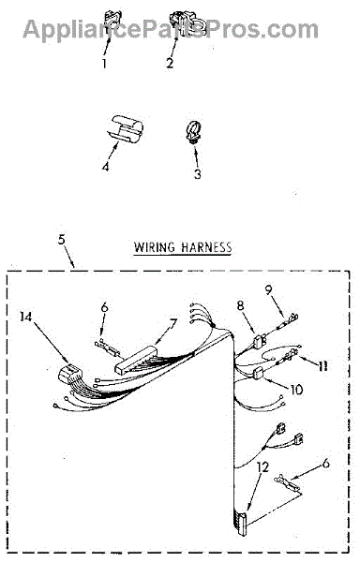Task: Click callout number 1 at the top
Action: click(x=104, y=64)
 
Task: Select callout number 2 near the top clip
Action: click(x=170, y=63)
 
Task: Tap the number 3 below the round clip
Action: click(x=198, y=173)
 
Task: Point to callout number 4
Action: click(x=105, y=167)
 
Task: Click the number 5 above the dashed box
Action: click(x=62, y=239)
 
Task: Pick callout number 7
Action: click(x=172, y=324)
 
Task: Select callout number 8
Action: click(x=240, y=305)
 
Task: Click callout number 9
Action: click(x=268, y=289)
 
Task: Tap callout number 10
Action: click(x=296, y=390)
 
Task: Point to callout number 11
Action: click(x=322, y=365)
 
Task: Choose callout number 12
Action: click(x=262, y=466)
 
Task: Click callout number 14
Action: click(x=26, y=317)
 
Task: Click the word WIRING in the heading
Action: click(x=155, y=247)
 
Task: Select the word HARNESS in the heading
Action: click(x=206, y=247)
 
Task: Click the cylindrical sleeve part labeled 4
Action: click(x=126, y=128)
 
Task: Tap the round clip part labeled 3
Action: click(x=194, y=133)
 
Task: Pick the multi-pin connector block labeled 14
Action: click(x=70, y=374)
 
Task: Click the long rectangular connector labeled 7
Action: click(x=136, y=360)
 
